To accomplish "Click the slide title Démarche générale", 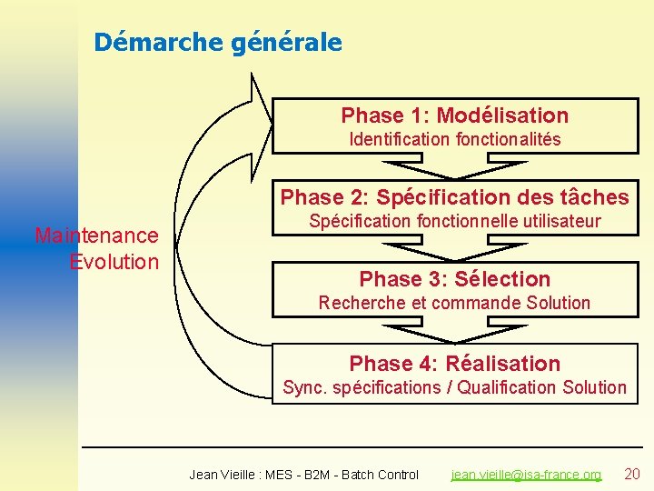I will click(218, 42).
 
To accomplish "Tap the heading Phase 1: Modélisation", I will click(454, 115).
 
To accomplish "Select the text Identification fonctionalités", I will click(455, 139).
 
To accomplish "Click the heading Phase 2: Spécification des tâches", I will click(454, 197).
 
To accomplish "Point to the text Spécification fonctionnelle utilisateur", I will click(454, 221).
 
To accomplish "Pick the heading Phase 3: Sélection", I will click(454, 279).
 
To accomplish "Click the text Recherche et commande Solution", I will click(454, 303).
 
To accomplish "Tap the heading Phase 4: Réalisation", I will click(454, 364).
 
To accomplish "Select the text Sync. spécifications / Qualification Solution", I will click(454, 387).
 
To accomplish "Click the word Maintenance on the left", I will click(96, 235).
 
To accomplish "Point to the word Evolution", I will click(114, 262).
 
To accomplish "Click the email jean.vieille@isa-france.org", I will click(527, 475).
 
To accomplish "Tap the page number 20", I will click(632, 474).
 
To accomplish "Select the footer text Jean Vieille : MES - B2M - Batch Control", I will click(303, 475).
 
